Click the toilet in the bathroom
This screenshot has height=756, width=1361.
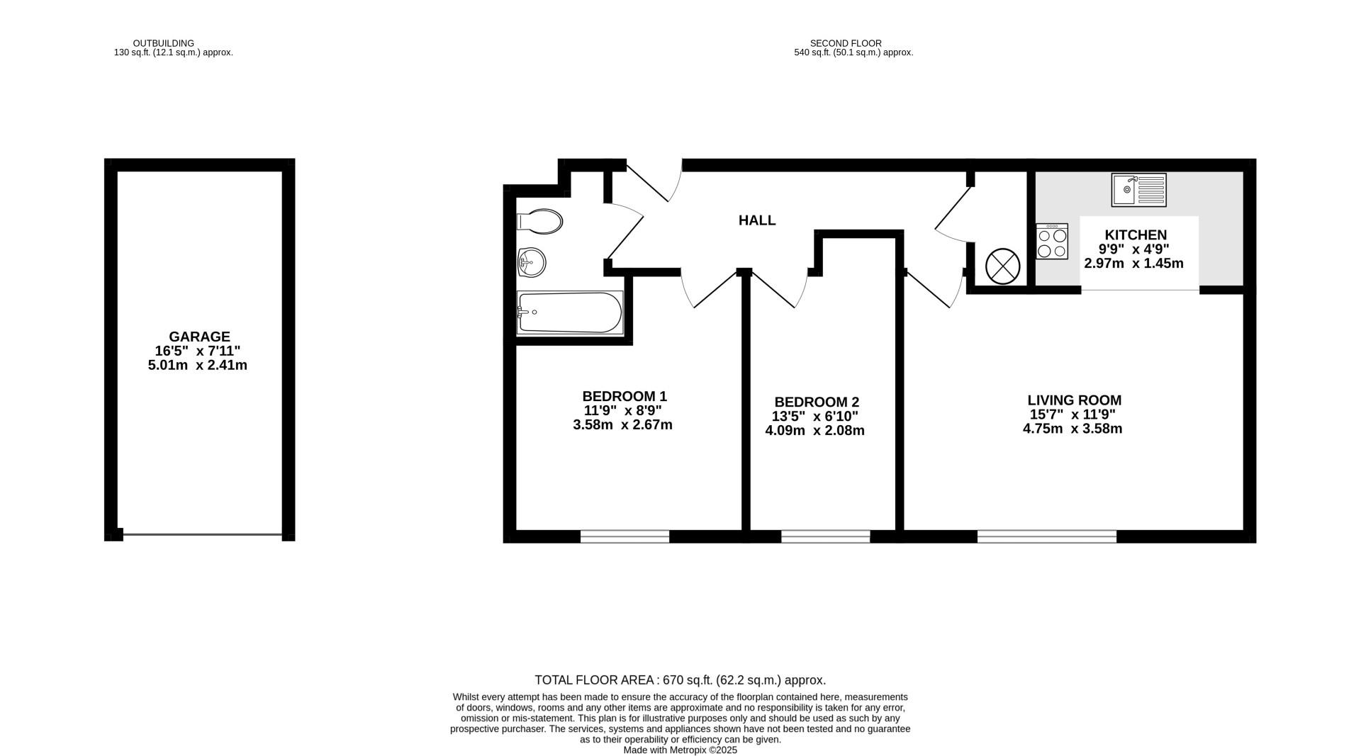(539, 222)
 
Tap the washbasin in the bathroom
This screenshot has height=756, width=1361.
(532, 263)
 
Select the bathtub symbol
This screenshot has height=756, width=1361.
(570, 312)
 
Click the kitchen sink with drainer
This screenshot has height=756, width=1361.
(1139, 190)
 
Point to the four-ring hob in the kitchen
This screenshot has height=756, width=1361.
(1052, 242)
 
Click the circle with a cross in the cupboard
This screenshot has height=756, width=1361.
(1002, 266)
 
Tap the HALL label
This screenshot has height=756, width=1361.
(757, 220)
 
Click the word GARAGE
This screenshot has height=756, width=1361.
(199, 337)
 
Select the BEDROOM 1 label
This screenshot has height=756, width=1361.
(625, 396)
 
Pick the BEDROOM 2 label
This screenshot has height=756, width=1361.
(817, 402)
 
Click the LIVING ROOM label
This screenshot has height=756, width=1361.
(1075, 400)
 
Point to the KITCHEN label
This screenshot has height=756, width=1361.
(1136, 235)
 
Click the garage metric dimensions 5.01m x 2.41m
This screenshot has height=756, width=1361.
(198, 366)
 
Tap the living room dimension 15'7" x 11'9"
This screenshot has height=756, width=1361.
(1072, 414)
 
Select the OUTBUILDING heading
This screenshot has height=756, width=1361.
(164, 43)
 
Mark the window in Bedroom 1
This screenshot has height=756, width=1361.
(625, 536)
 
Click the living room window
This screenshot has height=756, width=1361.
(1047, 536)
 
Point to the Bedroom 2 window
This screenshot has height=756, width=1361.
(825, 536)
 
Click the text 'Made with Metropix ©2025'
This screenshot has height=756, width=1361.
(680, 750)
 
